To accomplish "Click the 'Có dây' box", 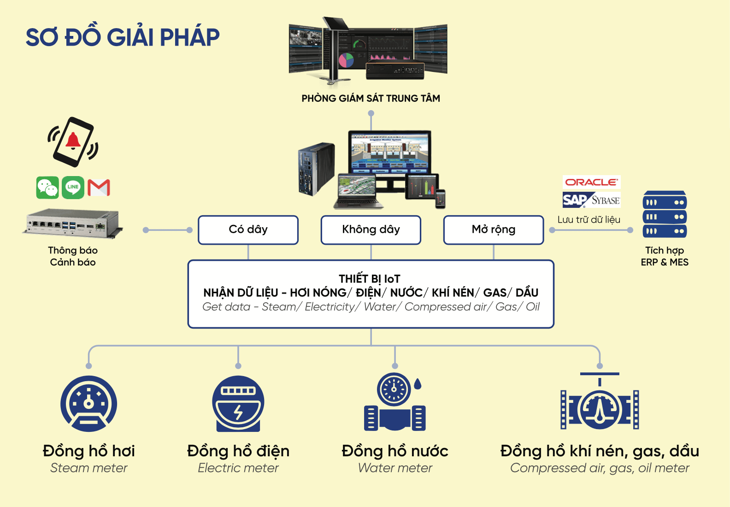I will coord(248,230).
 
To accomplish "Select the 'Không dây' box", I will coord(371,230).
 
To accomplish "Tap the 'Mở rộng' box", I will coord(494,230).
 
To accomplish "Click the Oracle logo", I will coord(591,182).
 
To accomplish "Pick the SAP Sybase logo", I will coord(591,200).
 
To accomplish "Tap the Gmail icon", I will coord(99,188).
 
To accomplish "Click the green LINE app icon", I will coord(73,187).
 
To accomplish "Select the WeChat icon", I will coord(47,188).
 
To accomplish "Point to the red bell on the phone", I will coord(73,140).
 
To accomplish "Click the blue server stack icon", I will coord(665,215).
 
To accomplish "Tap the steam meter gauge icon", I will coord(88,404).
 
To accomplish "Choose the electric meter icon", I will coord(238,404).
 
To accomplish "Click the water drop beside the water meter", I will coord(418,383).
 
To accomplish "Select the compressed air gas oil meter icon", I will coord(600,406).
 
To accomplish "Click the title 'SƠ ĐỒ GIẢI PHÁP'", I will coord(123,37).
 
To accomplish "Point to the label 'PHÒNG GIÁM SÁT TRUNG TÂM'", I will coord(371,98).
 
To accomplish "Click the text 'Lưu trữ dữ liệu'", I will coord(589,220).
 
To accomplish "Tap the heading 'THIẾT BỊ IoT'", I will coord(370,279).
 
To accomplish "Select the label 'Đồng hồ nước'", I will coord(395,451).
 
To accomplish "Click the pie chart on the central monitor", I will coord(346,60).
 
